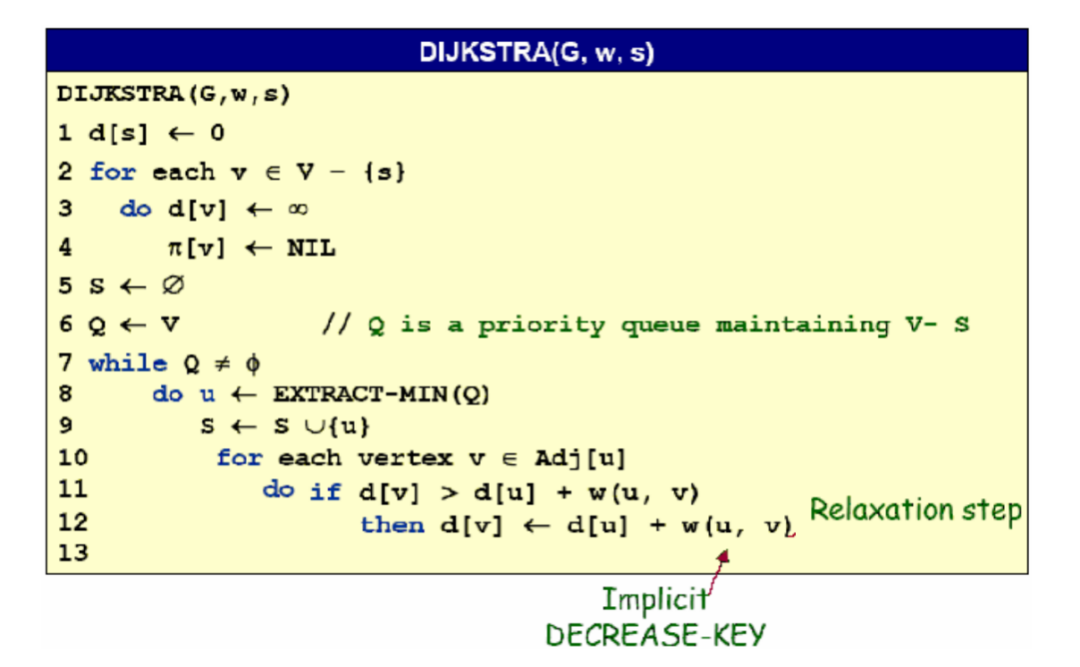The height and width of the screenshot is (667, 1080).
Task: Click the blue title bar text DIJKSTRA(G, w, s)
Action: (536, 53)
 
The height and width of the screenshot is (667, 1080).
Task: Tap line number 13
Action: (73, 553)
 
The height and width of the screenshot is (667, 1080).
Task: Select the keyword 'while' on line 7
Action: (128, 363)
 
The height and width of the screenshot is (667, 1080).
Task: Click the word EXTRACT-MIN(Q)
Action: (381, 394)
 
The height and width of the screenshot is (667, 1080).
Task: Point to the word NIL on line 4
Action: (311, 248)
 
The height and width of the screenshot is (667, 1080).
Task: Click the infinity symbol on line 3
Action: (299, 209)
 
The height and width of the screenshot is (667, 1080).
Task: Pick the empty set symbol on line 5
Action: (173, 286)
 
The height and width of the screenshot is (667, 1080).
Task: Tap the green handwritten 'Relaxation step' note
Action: (915, 511)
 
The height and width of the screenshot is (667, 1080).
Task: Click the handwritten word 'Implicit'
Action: (654, 598)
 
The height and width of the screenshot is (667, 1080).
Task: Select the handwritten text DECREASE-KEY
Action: (655, 635)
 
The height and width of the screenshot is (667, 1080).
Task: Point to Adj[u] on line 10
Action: (580, 459)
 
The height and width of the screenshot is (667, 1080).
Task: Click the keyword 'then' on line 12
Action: (392, 525)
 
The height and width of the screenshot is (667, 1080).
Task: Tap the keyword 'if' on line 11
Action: (325, 491)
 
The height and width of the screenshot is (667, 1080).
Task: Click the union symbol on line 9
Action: (290, 426)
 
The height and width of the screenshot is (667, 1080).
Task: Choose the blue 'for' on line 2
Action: (112, 172)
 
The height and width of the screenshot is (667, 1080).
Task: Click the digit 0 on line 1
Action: (217, 133)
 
